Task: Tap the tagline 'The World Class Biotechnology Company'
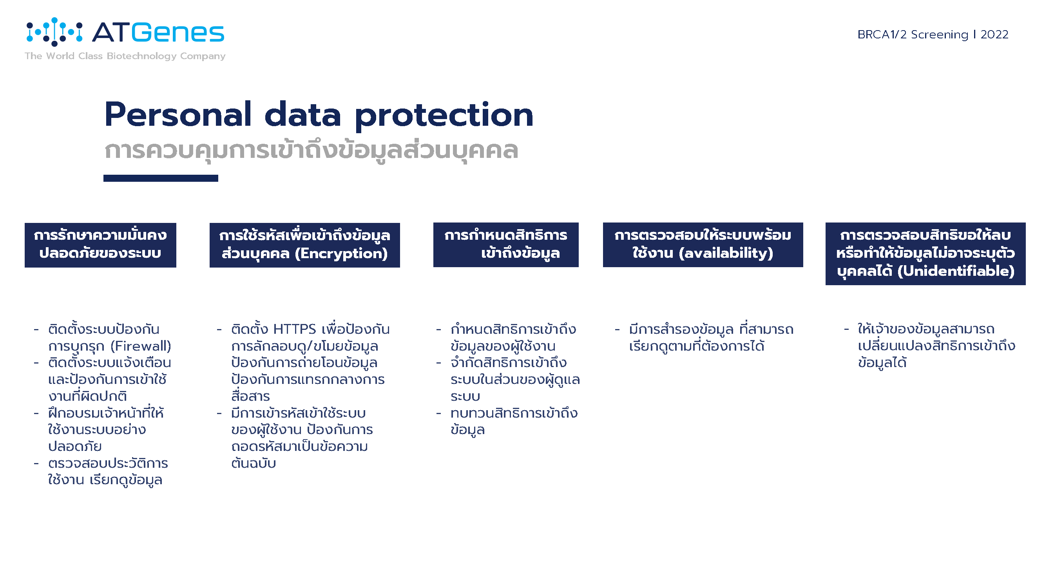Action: coord(125,56)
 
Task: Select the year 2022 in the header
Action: coord(994,34)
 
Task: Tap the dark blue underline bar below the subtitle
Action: coord(161,178)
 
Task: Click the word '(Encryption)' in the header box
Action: coord(341,253)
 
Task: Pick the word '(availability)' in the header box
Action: coord(726,253)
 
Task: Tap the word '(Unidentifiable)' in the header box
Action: coord(956,271)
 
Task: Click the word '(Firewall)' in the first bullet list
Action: coord(141,346)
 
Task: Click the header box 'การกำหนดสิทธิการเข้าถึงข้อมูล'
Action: coord(506,245)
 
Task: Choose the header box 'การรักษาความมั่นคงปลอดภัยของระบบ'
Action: coord(100,245)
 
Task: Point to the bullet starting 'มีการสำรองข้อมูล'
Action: coord(704,338)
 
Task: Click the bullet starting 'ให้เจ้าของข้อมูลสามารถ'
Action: coord(930,346)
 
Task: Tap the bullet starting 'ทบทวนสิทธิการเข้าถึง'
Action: coord(507,421)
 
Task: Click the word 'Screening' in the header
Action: coord(940,35)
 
